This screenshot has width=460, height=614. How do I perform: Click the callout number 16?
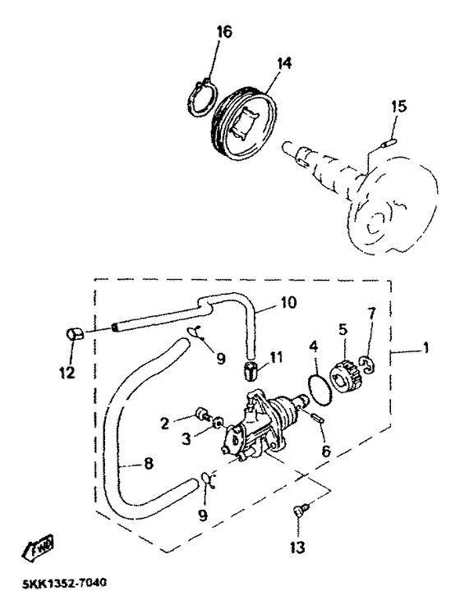(x=224, y=32)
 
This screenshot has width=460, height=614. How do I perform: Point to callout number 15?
(x=398, y=107)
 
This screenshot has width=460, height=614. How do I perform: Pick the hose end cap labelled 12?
(x=75, y=335)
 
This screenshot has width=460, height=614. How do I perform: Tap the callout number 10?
(x=288, y=302)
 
